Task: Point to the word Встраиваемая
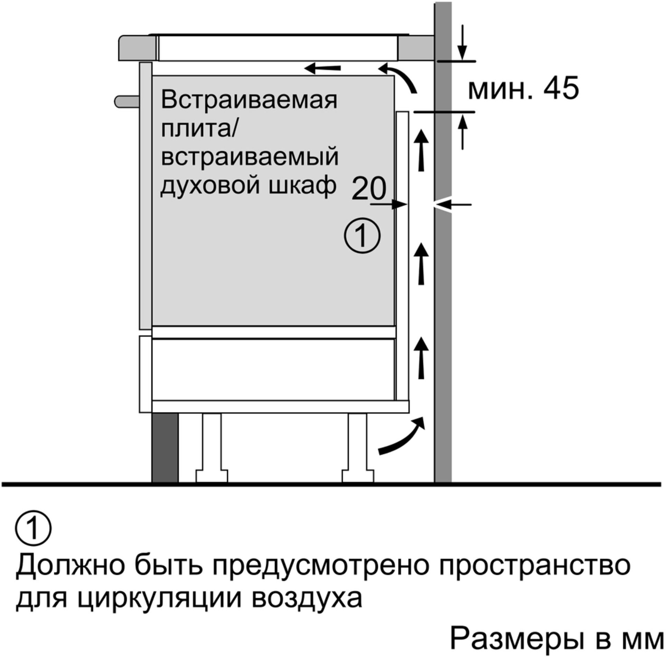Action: click(249, 100)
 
